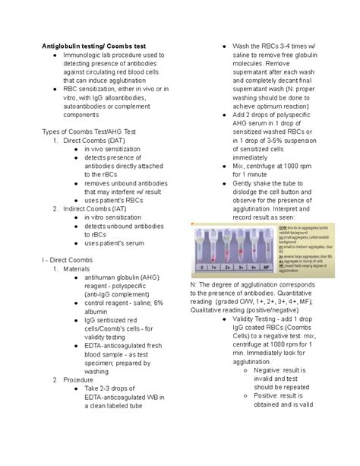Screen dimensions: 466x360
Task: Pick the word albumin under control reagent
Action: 110,313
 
